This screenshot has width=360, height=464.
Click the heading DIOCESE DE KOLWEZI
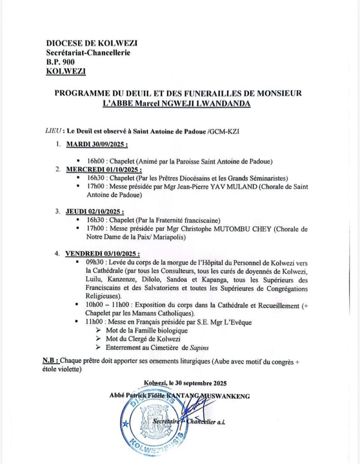[92, 43]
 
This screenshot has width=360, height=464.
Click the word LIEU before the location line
[54, 131]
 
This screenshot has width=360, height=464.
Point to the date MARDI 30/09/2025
[97, 145]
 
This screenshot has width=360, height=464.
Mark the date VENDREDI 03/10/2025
[102, 254]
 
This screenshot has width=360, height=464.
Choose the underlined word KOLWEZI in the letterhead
[66, 71]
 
